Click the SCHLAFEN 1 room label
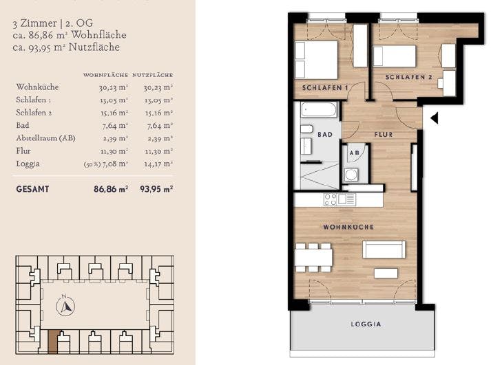(325, 87)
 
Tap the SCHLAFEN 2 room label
(409, 78)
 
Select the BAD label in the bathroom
(324, 135)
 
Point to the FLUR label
(383, 135)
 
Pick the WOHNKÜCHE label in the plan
(349, 227)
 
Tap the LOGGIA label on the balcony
(366, 324)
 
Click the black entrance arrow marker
(434, 118)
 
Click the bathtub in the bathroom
(317, 110)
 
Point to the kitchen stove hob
(330, 200)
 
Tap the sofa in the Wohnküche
(384, 249)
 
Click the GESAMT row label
(32, 188)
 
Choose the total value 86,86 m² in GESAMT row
(110, 188)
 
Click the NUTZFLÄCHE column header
(152, 74)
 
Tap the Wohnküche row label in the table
(37, 87)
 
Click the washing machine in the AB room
(351, 175)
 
